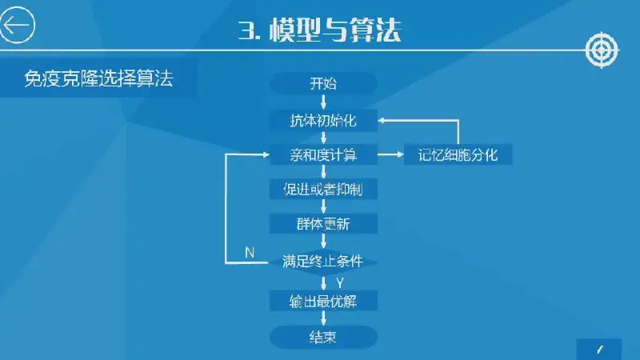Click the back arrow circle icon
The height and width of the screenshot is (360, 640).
coord(17,26)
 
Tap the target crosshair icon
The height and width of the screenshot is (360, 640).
coord(602,50)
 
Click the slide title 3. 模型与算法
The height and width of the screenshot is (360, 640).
coord(319,30)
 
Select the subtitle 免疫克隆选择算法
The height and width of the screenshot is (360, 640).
coord(98,78)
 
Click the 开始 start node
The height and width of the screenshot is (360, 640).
coord(323,83)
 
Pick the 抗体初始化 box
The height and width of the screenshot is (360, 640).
coord(323,121)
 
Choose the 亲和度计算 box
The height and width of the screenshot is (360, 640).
coord(323,154)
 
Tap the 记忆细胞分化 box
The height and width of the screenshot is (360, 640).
coord(458,154)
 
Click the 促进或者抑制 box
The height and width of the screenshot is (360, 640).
coord(323,189)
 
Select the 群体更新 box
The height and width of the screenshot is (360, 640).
coord(323,223)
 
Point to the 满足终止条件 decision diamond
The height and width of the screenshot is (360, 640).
coord(323,262)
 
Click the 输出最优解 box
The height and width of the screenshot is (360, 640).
coord(323,301)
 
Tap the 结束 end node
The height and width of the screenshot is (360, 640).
coord(323,337)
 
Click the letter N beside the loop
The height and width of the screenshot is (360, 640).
coord(250,252)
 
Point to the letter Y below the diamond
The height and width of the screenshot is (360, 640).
coord(340,282)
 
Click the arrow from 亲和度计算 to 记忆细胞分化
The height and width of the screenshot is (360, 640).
coord(390,154)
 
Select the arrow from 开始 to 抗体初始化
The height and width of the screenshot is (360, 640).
coord(323,102)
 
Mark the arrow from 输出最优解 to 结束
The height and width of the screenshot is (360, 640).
coord(323,318)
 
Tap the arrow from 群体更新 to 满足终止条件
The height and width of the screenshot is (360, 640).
coord(323,242)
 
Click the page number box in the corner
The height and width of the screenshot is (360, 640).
coord(598,350)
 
